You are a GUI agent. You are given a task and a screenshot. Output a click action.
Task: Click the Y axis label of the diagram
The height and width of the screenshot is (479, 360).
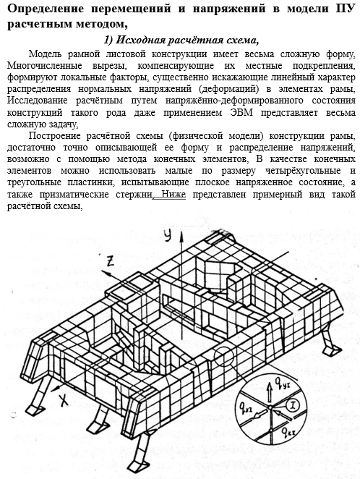[168, 235]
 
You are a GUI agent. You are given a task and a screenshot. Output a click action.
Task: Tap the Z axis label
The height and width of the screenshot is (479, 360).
[110, 260]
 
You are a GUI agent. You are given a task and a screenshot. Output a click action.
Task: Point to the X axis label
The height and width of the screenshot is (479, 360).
[64, 400]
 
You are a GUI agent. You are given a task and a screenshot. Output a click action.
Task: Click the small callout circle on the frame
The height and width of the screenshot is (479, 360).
[223, 356]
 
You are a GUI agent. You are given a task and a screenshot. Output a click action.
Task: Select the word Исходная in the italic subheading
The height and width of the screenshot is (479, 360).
[141, 40]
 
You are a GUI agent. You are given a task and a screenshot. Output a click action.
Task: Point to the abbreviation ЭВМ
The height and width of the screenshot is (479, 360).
[241, 112]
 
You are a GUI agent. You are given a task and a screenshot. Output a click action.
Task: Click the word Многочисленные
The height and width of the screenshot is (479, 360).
[45, 66]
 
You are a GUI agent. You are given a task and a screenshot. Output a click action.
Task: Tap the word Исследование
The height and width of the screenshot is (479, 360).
[37, 101]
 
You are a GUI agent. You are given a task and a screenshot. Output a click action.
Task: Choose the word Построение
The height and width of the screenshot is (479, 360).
[55, 135]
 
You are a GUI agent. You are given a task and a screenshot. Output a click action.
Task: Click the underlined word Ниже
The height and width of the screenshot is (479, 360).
[173, 195]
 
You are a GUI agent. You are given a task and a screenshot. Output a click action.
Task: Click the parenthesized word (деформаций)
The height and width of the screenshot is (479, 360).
[229, 89]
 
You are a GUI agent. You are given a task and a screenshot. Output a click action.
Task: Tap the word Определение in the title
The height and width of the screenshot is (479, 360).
[46, 9]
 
